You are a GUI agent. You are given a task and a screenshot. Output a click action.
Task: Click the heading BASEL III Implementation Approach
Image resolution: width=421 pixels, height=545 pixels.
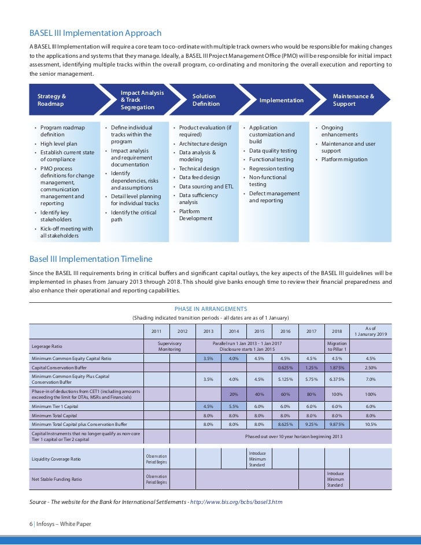click(x=95, y=33)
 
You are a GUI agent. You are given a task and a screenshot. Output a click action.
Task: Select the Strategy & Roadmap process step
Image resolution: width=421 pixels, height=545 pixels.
click(x=52, y=100)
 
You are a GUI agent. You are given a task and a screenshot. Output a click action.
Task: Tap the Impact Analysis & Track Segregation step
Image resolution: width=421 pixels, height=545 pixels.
click(x=142, y=100)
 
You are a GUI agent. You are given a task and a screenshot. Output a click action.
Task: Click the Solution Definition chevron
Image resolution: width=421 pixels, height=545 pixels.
click(x=206, y=100)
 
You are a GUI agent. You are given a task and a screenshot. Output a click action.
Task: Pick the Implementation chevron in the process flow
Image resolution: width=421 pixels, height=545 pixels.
click(x=281, y=100)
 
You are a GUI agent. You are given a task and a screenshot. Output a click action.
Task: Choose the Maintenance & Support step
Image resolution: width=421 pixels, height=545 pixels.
click(x=353, y=100)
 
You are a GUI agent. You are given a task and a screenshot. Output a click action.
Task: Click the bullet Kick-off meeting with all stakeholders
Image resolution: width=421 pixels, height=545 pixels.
click(x=66, y=232)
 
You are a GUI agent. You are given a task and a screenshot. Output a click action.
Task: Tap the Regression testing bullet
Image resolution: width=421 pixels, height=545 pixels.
click(x=271, y=169)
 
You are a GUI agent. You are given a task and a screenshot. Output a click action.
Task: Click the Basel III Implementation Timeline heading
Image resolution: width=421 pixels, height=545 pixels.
click(x=91, y=259)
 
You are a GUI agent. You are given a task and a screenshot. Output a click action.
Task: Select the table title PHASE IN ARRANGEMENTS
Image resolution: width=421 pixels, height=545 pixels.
click(x=211, y=309)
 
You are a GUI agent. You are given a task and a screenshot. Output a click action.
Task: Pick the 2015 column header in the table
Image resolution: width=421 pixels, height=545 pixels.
click(x=259, y=331)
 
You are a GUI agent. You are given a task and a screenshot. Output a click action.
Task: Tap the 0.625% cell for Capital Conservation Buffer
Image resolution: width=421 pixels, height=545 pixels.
click(x=285, y=367)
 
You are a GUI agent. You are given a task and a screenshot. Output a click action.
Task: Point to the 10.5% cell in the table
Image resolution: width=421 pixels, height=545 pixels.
click(x=371, y=424)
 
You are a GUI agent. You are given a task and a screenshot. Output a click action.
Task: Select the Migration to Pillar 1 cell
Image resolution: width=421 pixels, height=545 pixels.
click(x=337, y=346)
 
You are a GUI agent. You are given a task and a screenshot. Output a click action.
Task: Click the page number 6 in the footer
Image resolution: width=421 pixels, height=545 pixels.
click(x=31, y=524)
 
